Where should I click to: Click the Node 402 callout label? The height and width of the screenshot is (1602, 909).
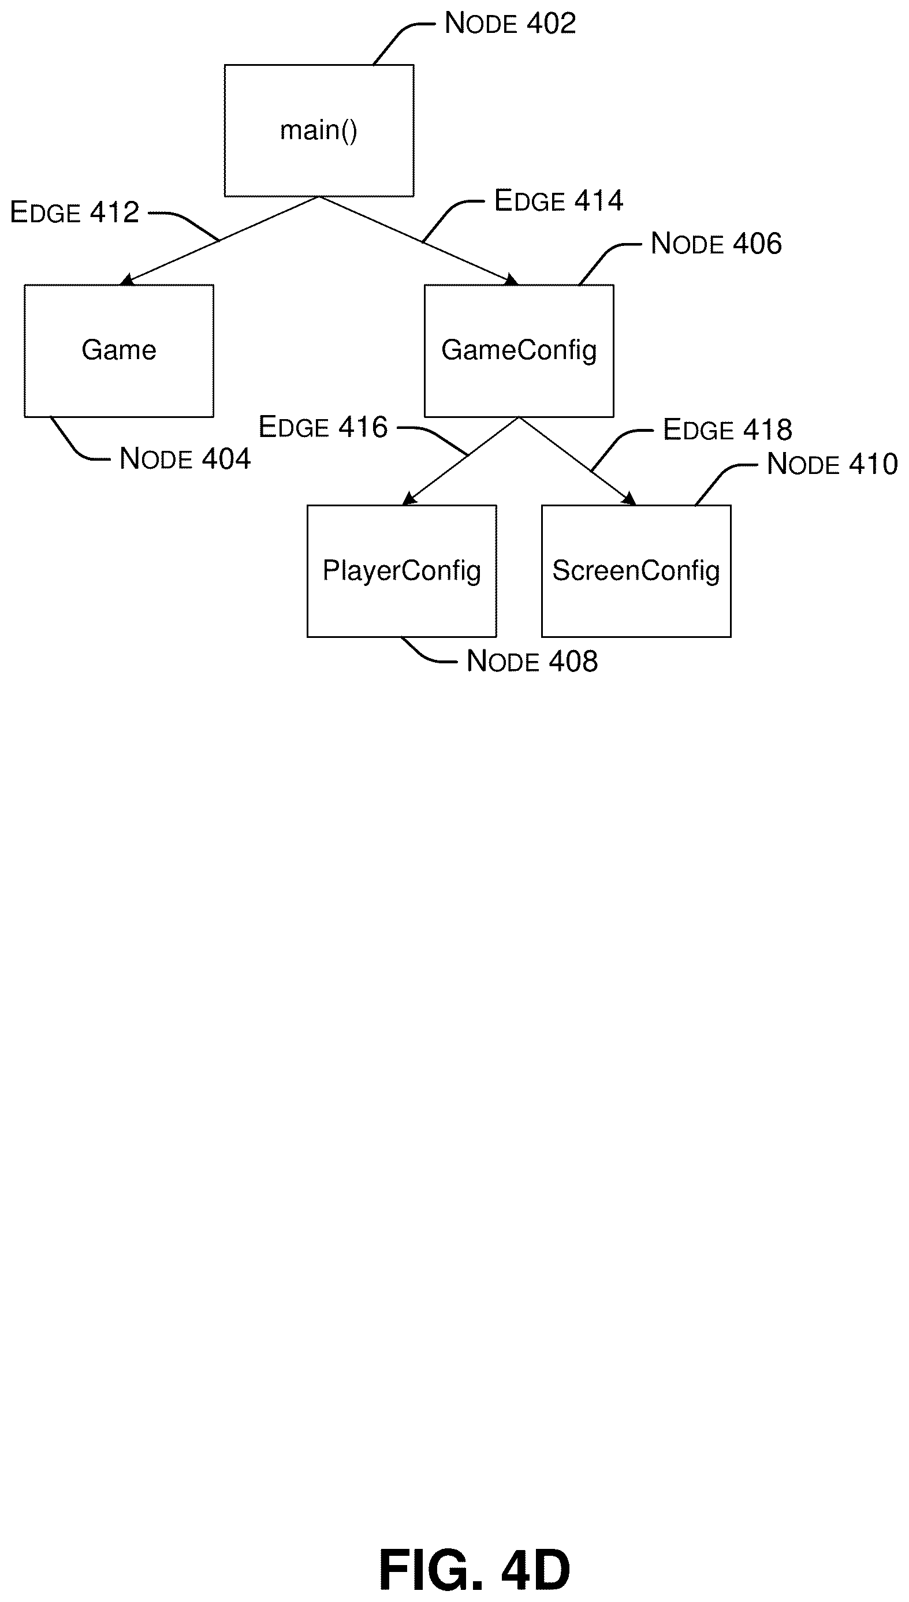click(510, 24)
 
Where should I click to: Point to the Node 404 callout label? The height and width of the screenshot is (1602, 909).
click(185, 459)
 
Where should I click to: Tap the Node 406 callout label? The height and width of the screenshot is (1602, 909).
click(716, 244)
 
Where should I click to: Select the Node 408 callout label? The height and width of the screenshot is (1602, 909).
click(532, 662)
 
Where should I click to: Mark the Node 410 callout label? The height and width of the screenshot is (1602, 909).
click(832, 464)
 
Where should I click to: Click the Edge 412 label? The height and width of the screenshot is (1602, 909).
click(74, 213)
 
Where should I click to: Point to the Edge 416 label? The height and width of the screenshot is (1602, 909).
click(323, 428)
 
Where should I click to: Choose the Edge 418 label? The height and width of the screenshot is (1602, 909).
click(727, 430)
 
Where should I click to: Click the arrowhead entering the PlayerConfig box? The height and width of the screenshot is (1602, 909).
click(409, 499)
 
